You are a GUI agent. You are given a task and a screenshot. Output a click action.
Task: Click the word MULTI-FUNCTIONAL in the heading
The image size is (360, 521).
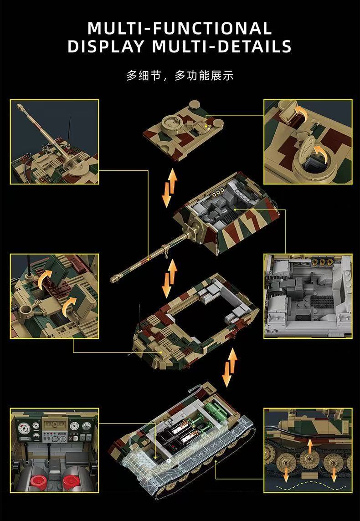tap(180, 28)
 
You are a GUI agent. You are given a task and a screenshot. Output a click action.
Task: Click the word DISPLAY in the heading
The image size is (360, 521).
tap(105, 46)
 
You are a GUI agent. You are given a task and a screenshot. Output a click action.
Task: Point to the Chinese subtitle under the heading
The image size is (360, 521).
tap(180, 76)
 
